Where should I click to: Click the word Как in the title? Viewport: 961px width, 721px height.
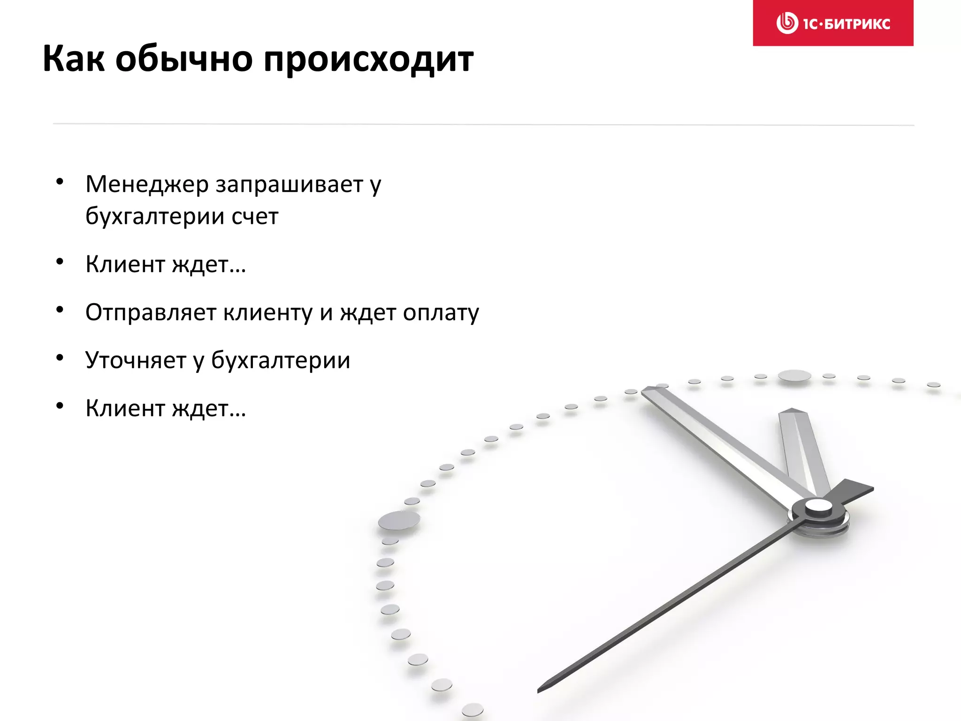[x=74, y=59]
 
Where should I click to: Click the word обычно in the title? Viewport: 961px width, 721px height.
[x=184, y=59]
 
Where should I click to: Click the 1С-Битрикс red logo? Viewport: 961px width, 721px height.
[x=833, y=23]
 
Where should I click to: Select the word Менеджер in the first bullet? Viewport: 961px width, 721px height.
[x=147, y=184]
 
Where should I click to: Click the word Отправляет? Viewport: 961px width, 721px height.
[x=151, y=313]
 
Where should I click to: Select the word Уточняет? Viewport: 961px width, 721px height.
[x=136, y=360]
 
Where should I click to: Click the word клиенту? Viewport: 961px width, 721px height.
[x=267, y=313]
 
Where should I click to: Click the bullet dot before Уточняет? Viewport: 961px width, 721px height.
[x=60, y=358]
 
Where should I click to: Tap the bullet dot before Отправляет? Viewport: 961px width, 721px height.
[x=60, y=310]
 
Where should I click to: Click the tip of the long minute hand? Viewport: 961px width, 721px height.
[x=644, y=390]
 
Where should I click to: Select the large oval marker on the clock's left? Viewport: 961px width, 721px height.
[x=399, y=520]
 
